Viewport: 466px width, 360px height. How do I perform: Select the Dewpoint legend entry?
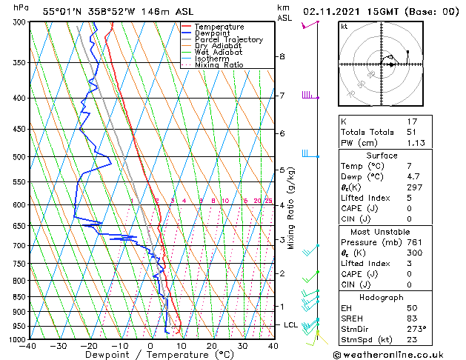[213, 33]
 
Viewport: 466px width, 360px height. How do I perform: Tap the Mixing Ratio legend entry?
[219, 65]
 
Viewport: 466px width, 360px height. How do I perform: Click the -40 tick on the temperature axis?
[28, 345]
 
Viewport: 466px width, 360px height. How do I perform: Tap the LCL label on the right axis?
[291, 324]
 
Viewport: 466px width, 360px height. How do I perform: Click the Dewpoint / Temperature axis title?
[150, 355]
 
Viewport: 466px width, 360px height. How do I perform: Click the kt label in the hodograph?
[344, 27]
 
